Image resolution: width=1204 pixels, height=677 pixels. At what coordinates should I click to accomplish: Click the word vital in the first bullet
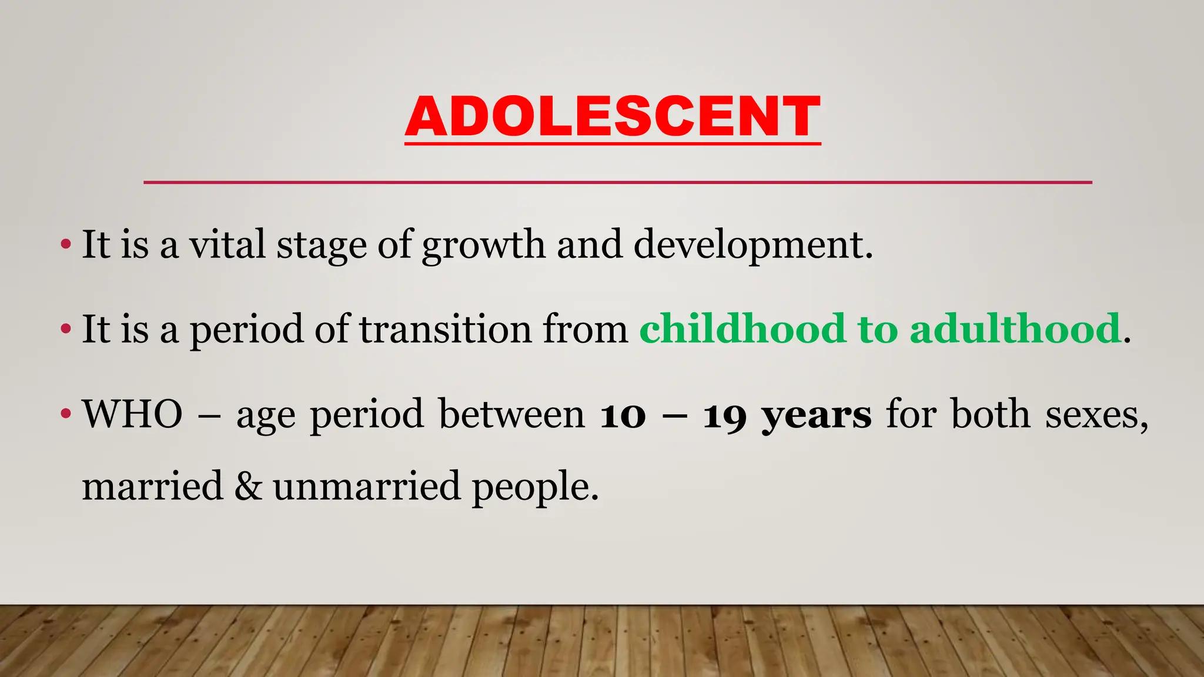(227, 244)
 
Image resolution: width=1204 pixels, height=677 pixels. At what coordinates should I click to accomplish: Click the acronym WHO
(133, 414)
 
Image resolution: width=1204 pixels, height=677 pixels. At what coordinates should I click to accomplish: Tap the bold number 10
(623, 415)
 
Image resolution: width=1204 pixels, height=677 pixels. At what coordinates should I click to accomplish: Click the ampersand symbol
(248, 487)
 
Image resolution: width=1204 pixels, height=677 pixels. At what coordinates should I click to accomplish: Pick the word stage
(322, 246)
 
